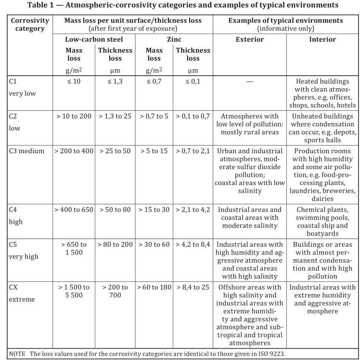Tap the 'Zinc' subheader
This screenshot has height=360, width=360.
(173, 39)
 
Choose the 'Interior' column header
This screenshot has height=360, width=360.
(322, 39)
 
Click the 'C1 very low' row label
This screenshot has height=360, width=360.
(22, 87)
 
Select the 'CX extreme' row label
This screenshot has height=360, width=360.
(22, 293)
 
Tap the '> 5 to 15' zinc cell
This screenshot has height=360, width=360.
(154, 151)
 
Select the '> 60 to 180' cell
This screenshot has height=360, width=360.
(154, 287)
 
